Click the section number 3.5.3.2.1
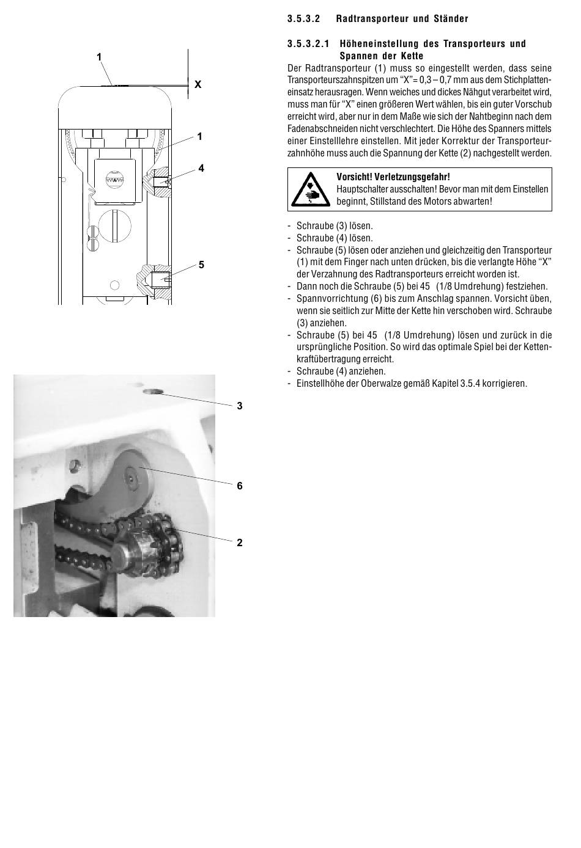coord(308,43)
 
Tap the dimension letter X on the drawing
coord(198,85)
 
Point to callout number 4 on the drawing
coord(201,168)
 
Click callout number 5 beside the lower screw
coord(201,265)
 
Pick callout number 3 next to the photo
coord(240,406)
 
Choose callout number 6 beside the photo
coord(240,486)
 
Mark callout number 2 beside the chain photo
coord(240,543)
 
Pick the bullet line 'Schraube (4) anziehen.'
coord(341,371)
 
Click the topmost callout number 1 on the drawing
coord(99,57)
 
